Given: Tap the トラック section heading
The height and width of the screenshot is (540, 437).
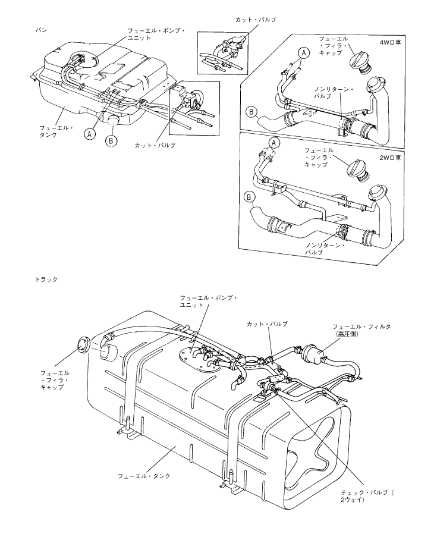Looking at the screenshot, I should coord(46,278).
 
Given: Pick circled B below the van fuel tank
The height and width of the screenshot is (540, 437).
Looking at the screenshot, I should coord(111,141).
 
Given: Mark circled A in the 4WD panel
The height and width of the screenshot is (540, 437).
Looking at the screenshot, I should coord(303,53).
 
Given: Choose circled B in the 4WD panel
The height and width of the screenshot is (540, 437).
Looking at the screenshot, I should coord(250,111).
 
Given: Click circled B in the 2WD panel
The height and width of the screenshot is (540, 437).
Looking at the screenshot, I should coord(250,196).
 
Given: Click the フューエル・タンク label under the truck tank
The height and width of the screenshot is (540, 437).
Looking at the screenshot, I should coord(144,476).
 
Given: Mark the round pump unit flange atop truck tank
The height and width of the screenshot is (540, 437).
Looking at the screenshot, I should coord(194,354).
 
